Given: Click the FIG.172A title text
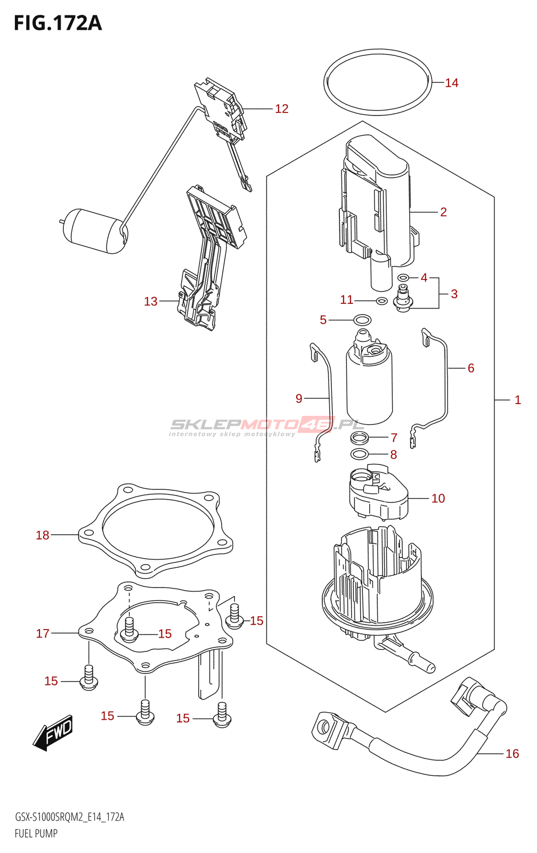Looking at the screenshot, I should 58,23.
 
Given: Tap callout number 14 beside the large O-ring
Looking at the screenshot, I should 451,83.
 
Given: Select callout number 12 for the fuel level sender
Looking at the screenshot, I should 281,109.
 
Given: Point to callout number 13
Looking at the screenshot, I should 151,301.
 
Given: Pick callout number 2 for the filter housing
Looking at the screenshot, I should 443,212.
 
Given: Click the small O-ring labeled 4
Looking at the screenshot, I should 403,277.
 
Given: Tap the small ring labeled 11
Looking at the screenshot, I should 381,301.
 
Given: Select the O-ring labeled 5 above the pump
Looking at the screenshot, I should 363,320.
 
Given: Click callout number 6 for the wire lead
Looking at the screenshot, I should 471,368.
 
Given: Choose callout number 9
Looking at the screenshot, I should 299,398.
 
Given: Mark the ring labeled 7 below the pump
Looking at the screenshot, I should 360,438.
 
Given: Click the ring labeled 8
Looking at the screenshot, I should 360,454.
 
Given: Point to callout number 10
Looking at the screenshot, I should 438,498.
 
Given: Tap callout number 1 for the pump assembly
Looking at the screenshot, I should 517,400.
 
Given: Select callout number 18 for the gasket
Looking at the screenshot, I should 43,535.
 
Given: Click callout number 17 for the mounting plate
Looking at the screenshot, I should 43,633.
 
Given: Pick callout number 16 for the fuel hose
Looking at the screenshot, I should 512,753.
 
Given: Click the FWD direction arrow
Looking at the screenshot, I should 53,733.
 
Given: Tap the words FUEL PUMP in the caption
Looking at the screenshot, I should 36,833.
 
